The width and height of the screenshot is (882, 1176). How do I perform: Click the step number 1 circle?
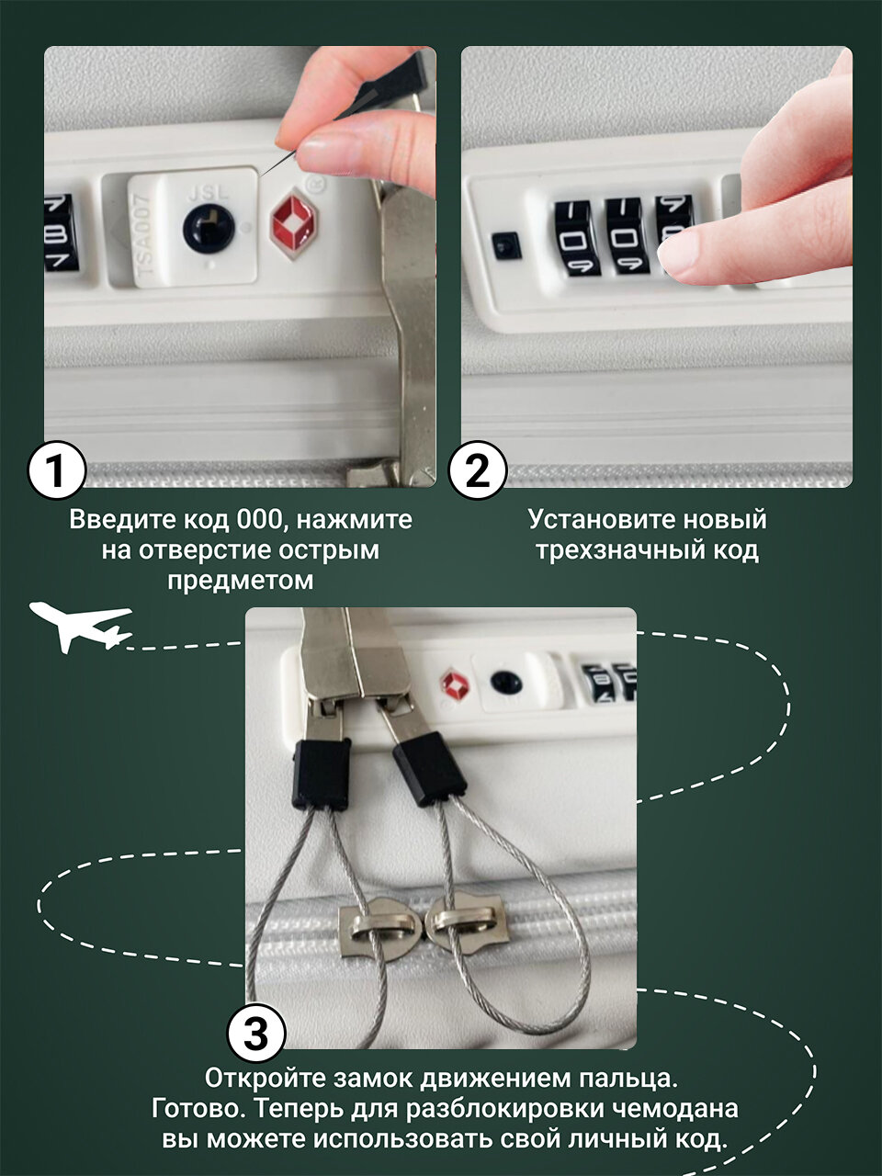(57, 470)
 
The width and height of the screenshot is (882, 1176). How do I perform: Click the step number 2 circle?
(478, 470)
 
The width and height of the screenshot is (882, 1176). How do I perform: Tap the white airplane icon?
(80, 627)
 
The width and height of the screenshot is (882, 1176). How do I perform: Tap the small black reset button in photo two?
(506, 246)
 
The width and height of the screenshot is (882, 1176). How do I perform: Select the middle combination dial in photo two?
(624, 237)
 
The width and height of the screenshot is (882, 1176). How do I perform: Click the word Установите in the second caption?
(603, 519)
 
